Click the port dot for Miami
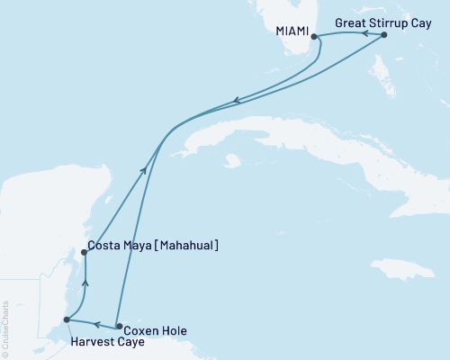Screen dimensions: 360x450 (x=314, y=37)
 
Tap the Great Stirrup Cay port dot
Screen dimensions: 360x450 (x=384, y=35)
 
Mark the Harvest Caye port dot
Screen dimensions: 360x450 (x=66, y=319)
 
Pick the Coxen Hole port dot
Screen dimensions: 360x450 (x=119, y=327)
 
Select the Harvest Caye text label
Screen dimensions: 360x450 (x=103, y=343)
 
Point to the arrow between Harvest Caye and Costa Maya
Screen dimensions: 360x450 (x=85, y=284)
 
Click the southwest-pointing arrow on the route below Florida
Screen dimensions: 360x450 (x=236, y=101)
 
